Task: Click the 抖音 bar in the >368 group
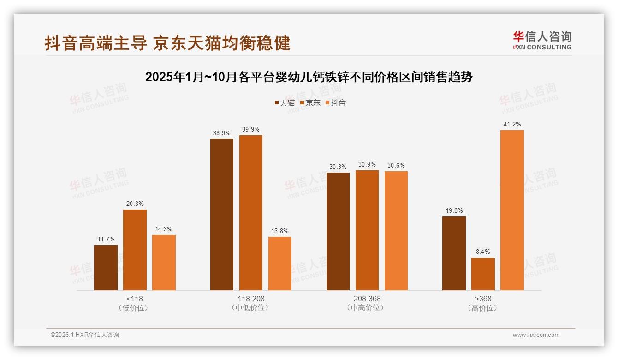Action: point(512,210)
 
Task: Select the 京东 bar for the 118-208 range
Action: point(250,213)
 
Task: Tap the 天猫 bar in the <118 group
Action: point(106,268)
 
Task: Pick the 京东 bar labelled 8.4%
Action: point(483,274)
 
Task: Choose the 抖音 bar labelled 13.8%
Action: point(280,264)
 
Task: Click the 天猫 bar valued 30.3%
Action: point(338,231)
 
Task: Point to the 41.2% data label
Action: point(512,125)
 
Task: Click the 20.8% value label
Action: point(134,204)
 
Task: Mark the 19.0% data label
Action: point(454,211)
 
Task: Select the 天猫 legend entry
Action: point(284,102)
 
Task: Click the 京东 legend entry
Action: point(310,102)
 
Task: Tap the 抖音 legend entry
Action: point(336,102)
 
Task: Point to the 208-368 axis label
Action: point(367,299)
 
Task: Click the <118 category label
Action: point(134,299)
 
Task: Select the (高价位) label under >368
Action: point(483,308)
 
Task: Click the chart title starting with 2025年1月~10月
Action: point(309,77)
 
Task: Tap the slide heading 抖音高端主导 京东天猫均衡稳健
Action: point(167,43)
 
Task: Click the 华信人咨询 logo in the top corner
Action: point(542,40)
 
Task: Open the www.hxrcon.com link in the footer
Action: point(536,335)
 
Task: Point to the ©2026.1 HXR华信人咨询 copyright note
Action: point(85,335)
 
